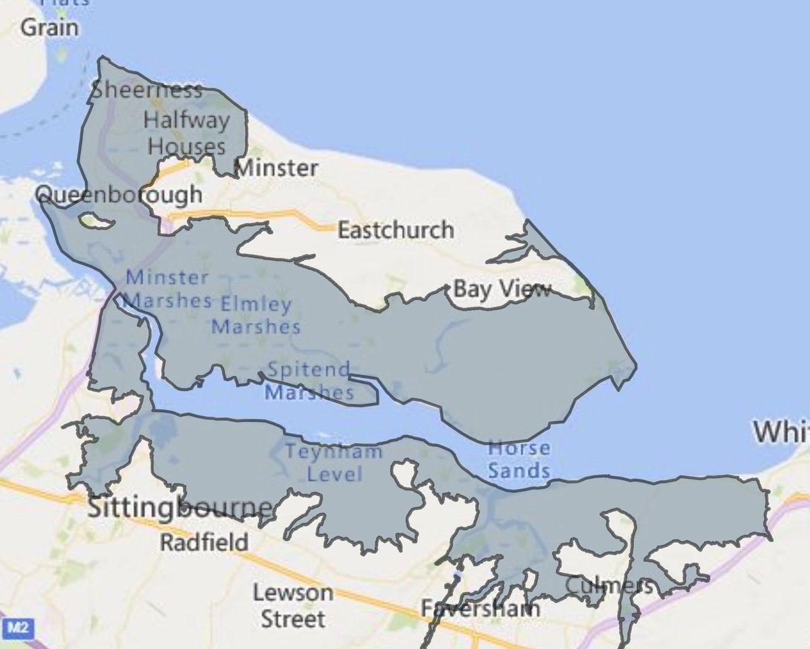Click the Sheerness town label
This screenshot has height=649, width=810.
[x=146, y=90]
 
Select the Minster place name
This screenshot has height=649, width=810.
[x=277, y=167]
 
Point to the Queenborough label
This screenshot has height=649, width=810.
[x=119, y=194]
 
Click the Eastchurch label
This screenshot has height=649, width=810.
[x=396, y=230]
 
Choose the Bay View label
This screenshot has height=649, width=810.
[x=502, y=290]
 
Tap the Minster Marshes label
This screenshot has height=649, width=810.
[x=167, y=288]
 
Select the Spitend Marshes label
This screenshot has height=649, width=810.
[x=308, y=381]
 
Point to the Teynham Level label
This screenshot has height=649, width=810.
[x=334, y=463]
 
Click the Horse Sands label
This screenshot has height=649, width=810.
[x=518, y=459]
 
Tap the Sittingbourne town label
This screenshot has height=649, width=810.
[x=181, y=508]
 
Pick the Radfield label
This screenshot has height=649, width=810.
[x=204, y=542]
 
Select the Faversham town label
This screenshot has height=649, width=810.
[x=480, y=608]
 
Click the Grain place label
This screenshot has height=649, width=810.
[x=49, y=28]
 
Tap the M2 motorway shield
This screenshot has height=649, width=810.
[x=16, y=629]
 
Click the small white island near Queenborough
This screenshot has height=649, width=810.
[x=94, y=220]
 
